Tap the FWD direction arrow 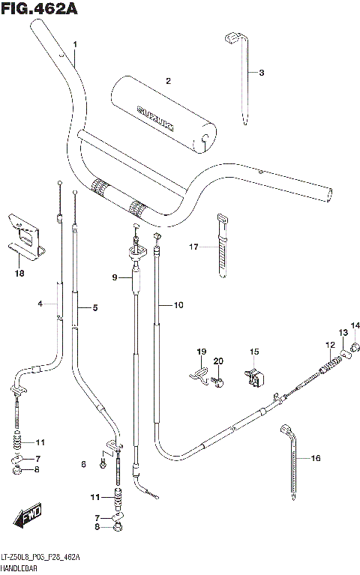(x=25, y=517)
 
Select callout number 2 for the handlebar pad (x=169, y=81)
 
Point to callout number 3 (x=262, y=73)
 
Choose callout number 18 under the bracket (x=19, y=273)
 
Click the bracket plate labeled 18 (x=23, y=232)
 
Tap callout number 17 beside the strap (x=193, y=247)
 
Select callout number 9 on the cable (x=115, y=277)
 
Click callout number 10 (x=178, y=305)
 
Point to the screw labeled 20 (x=218, y=382)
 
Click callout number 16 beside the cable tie (x=315, y=457)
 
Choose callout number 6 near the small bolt (x=84, y=466)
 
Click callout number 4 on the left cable (x=40, y=304)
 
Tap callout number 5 (x=95, y=307)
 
